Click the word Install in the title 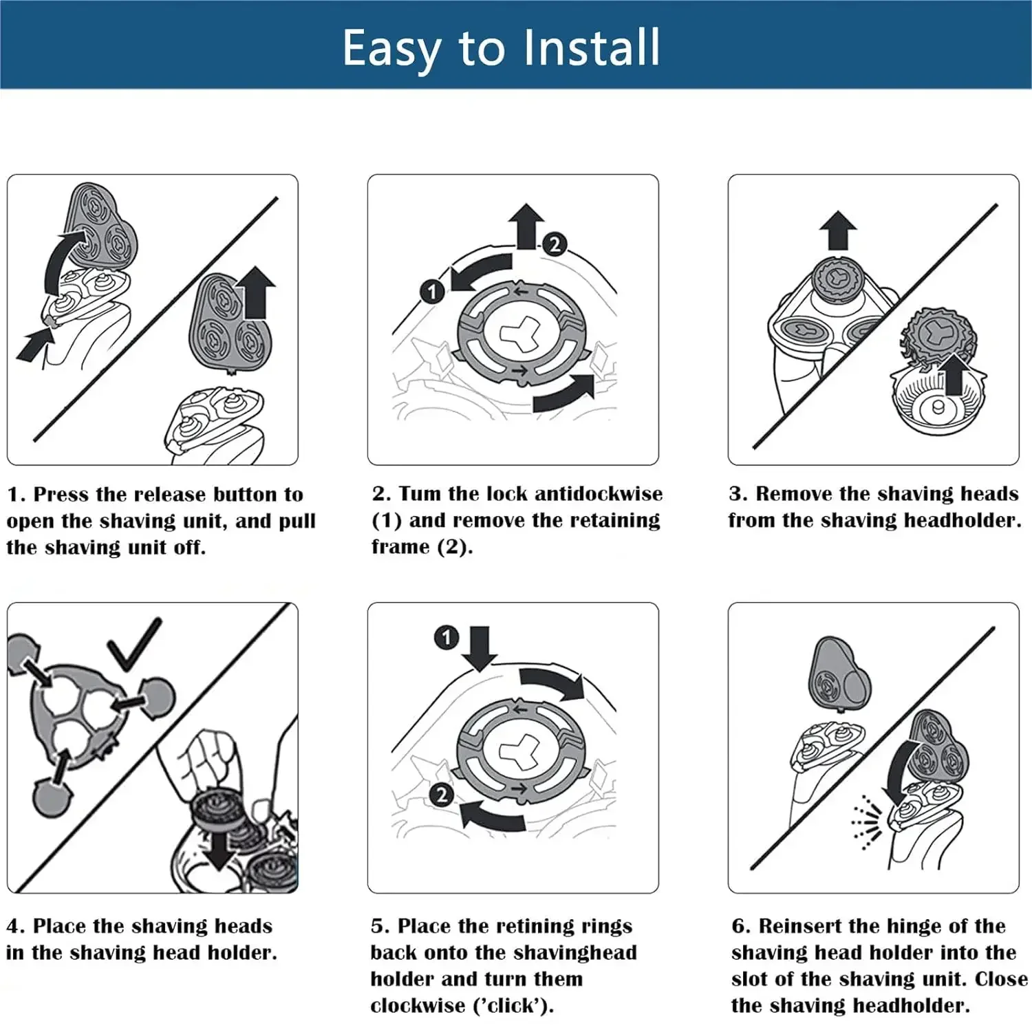(591, 47)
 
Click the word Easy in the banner (390, 48)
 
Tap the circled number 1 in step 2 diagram (432, 292)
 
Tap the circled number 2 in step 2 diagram (555, 244)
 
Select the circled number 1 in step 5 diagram (446, 637)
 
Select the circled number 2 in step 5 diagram (441, 795)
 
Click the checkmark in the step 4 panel (134, 645)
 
